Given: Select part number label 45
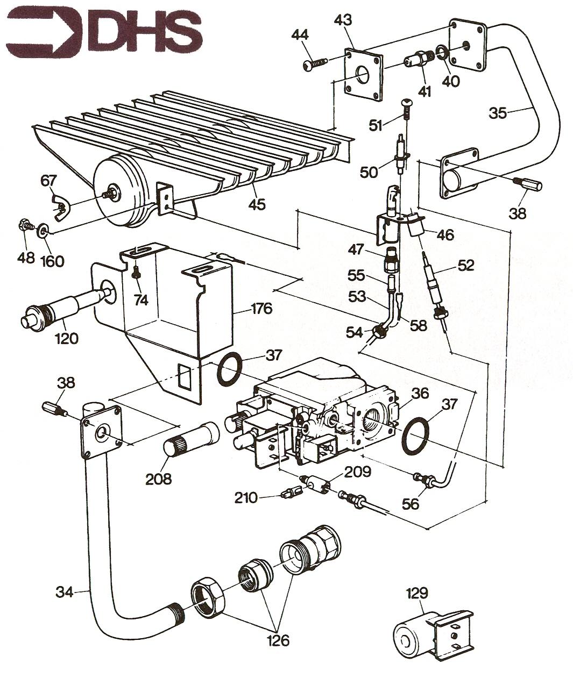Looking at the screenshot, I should [257, 204].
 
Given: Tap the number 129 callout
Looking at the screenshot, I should [416, 594].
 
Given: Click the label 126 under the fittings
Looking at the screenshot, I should [278, 640].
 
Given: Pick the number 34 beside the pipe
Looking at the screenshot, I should [65, 593].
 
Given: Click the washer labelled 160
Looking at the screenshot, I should [43, 231].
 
